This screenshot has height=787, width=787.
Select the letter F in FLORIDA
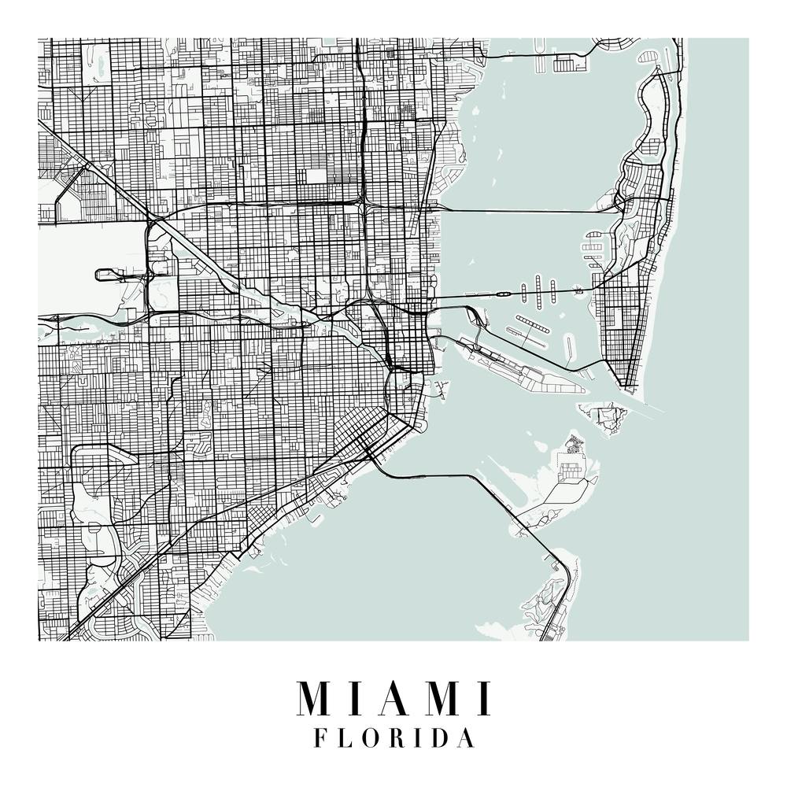click(x=320, y=738)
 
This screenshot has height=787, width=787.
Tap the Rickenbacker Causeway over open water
click(x=441, y=475)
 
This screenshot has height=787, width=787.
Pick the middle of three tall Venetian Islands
click(x=538, y=288)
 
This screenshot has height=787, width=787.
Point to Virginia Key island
click(x=563, y=488)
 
